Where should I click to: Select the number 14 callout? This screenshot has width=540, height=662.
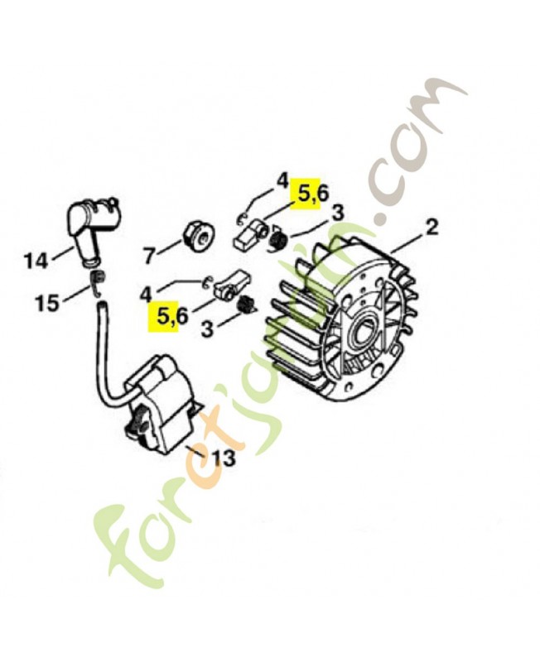pos(36,261)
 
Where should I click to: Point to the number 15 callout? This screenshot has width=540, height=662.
pos(47,303)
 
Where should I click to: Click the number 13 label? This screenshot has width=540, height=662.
pos(223,458)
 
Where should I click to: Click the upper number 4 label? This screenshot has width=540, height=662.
pos(282,182)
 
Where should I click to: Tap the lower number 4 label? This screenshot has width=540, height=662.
pos(147,294)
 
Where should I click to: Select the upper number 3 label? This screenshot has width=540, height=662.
pos(337,213)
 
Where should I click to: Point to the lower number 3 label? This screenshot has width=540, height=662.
pos(207,328)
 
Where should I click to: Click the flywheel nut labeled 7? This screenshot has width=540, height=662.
pos(199,239)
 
